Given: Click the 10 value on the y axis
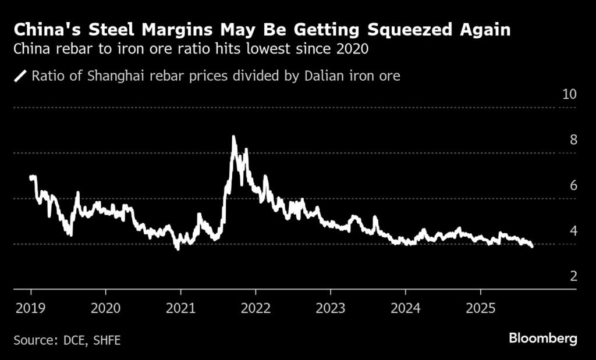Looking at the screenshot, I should pyautogui.click(x=568, y=94).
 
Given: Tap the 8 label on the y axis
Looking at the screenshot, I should pyautogui.click(x=573, y=140).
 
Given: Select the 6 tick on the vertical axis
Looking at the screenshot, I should pyautogui.click(x=573, y=185).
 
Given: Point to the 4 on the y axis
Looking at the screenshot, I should pyautogui.click(x=573, y=230).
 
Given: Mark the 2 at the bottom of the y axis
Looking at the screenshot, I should pyautogui.click(x=573, y=276).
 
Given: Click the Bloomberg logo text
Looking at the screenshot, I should pyautogui.click(x=542, y=338).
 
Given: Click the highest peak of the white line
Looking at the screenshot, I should pyautogui.click(x=233, y=137).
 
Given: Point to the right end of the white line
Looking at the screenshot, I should pyautogui.click(x=531, y=246).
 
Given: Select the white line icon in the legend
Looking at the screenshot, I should pyautogui.click(x=21, y=76).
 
